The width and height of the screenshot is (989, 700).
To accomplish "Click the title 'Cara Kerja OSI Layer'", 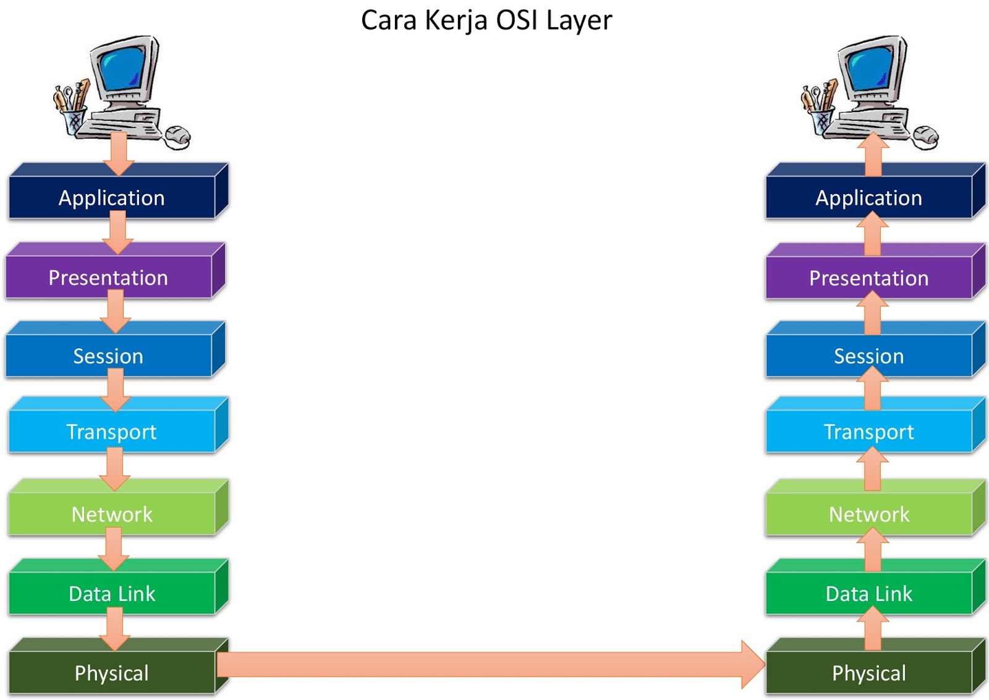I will click(x=486, y=20).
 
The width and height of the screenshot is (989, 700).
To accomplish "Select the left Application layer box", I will click(x=112, y=198).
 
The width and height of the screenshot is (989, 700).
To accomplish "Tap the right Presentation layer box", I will click(x=868, y=278).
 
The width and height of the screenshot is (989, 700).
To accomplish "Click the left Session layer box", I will click(x=108, y=356).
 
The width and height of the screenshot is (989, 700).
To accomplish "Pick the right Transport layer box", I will click(x=868, y=432).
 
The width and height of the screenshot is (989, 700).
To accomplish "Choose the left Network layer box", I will click(x=112, y=514).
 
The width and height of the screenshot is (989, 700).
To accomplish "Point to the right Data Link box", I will click(x=868, y=594).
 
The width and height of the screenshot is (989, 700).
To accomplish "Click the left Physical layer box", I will click(x=112, y=673).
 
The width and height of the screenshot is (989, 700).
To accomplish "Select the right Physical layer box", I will click(x=868, y=673).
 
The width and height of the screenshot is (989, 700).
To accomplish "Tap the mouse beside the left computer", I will click(x=178, y=136).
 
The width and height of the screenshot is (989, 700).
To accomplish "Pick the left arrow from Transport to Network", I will click(x=114, y=469).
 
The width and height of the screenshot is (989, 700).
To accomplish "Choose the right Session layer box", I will click(x=868, y=356).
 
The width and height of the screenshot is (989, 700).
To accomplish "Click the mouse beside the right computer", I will click(x=926, y=136).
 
